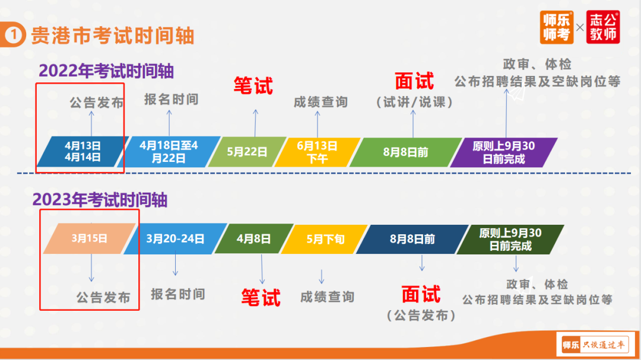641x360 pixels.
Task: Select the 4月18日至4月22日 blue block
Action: (x=169, y=152)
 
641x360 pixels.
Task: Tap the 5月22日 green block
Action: (x=247, y=152)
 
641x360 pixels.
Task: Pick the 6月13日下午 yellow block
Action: (x=317, y=152)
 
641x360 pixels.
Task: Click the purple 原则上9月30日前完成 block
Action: (x=504, y=152)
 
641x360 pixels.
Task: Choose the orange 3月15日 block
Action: (x=89, y=238)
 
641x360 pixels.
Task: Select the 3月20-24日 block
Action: (x=175, y=238)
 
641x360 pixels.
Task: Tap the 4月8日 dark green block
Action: (x=254, y=238)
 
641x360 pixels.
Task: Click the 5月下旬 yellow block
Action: (x=325, y=239)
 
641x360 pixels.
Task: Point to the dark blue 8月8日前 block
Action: (x=412, y=239)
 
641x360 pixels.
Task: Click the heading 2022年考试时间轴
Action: (x=106, y=71)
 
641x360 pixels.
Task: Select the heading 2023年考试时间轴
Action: (x=100, y=200)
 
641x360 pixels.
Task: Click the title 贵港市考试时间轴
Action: (x=112, y=36)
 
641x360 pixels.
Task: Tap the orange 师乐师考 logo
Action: (x=556, y=27)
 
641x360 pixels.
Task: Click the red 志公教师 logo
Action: (x=603, y=27)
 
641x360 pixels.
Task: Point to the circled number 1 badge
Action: (x=13, y=35)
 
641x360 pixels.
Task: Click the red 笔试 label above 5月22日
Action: (x=253, y=86)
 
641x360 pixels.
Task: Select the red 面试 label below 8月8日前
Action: (x=421, y=294)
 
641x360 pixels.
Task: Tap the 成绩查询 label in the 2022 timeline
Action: (x=320, y=102)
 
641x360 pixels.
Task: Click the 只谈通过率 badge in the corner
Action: (x=595, y=345)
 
